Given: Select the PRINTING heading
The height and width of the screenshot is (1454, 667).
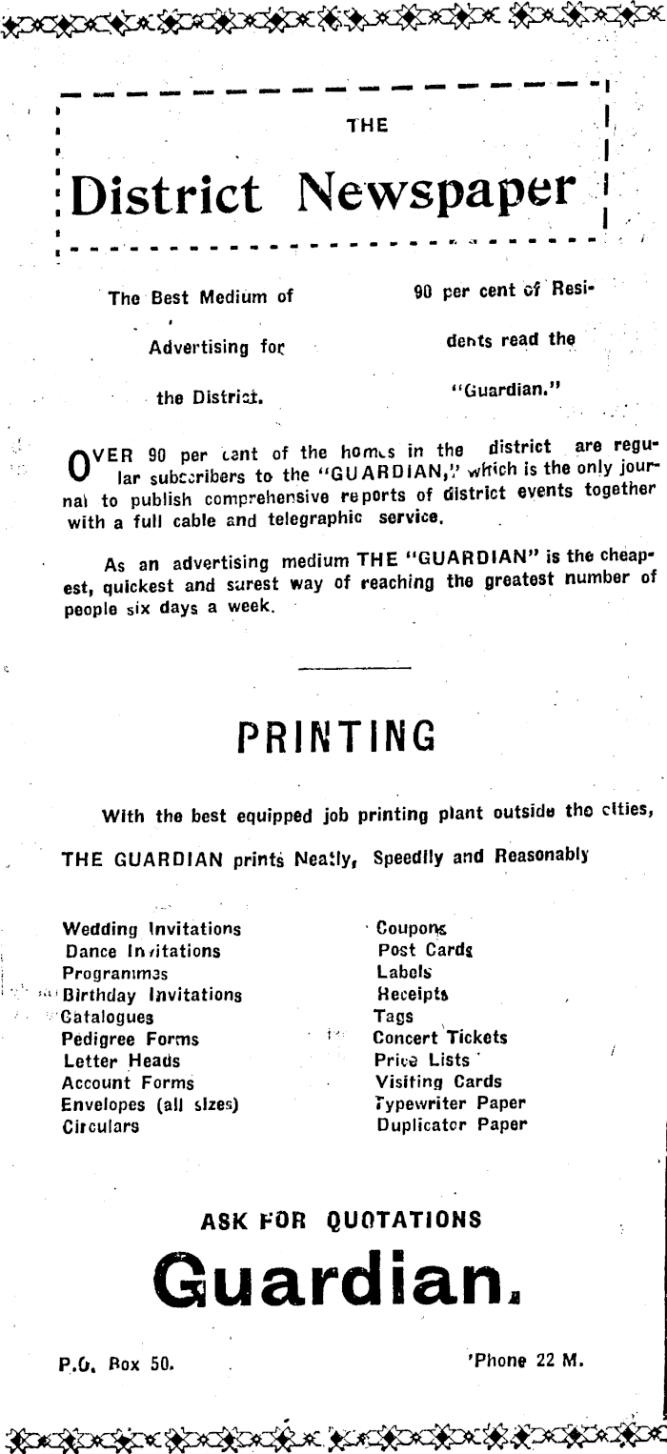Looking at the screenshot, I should coord(336,737).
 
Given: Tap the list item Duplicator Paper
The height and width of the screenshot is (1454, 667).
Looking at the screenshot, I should coord(452,1125).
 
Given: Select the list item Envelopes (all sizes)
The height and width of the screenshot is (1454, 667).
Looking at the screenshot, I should coord(150,1104).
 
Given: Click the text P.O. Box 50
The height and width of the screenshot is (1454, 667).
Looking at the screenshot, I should coord(116,1363).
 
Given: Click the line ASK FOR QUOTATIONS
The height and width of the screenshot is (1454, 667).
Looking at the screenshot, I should coord(340,1219).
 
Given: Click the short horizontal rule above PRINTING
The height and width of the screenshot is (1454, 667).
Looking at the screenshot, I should coord(327,668).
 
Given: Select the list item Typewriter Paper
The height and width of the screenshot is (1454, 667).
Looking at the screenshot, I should coord(451,1103).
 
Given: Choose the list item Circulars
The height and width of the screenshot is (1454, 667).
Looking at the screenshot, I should coord(101,1126).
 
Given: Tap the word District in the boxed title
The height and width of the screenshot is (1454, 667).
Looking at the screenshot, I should coord(168,196).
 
